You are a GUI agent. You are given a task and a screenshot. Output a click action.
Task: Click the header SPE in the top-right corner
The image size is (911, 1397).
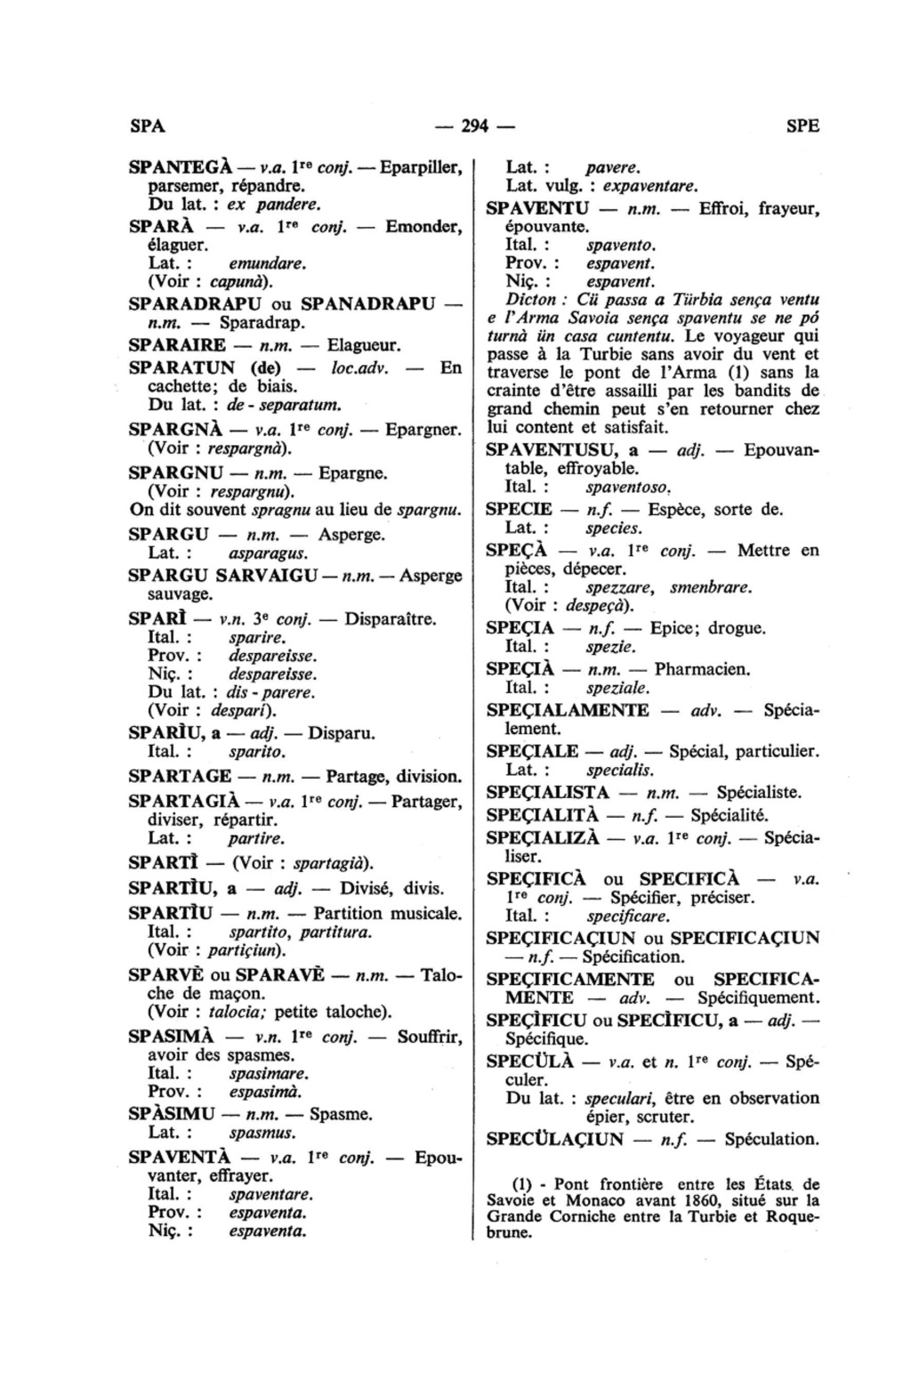pyautogui.click(x=802, y=125)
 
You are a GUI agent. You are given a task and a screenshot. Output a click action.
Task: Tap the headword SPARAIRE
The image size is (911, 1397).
pyautogui.click(x=177, y=343)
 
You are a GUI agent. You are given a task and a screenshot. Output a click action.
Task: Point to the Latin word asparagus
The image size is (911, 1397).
pyautogui.click(x=262, y=553)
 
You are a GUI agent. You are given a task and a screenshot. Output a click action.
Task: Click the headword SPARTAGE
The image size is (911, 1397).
pyautogui.click(x=180, y=776)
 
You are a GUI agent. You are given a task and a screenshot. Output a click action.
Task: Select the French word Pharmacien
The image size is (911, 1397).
pyautogui.click(x=702, y=668)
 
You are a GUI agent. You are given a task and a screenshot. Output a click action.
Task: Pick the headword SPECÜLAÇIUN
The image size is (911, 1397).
pyautogui.click(x=556, y=1138)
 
